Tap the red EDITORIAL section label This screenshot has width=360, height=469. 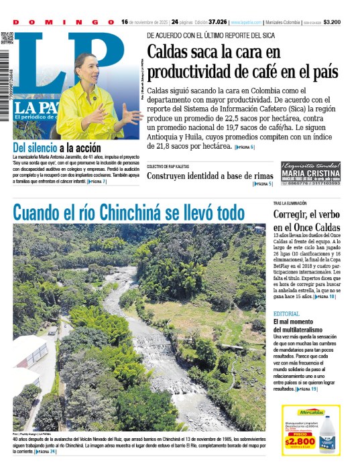pos(286,314)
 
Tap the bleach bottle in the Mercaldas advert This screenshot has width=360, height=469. pos(329,435)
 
